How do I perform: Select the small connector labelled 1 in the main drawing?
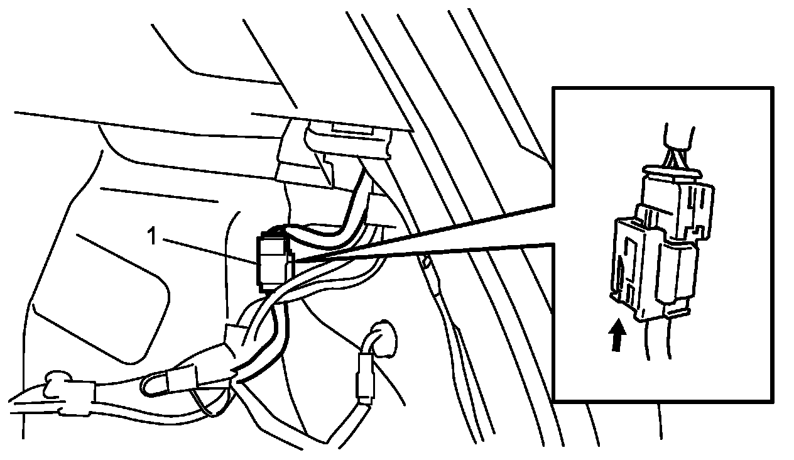pyautogui.click(x=271, y=261)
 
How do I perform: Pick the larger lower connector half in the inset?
pyautogui.click(x=653, y=267)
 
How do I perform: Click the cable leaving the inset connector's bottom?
pyautogui.click(x=656, y=342)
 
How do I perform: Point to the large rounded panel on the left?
pyautogui.click(x=101, y=295)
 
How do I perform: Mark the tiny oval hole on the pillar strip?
pyautogui.click(x=427, y=260)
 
